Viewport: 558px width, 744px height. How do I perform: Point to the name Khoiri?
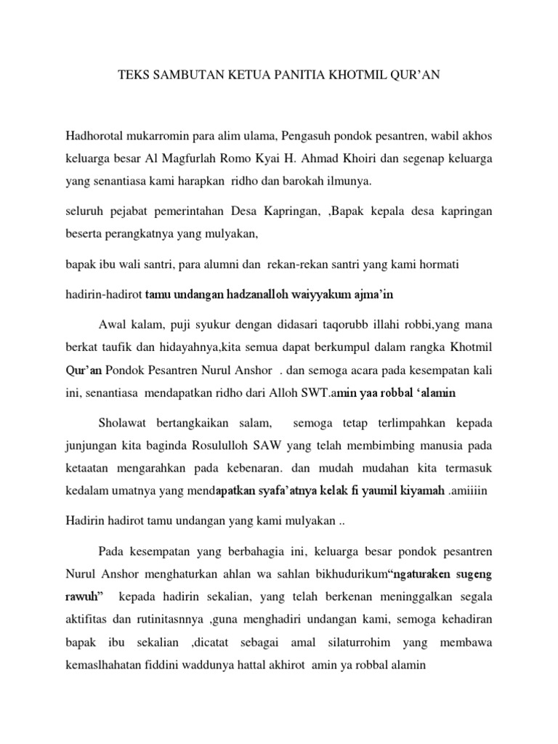coord(360,158)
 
